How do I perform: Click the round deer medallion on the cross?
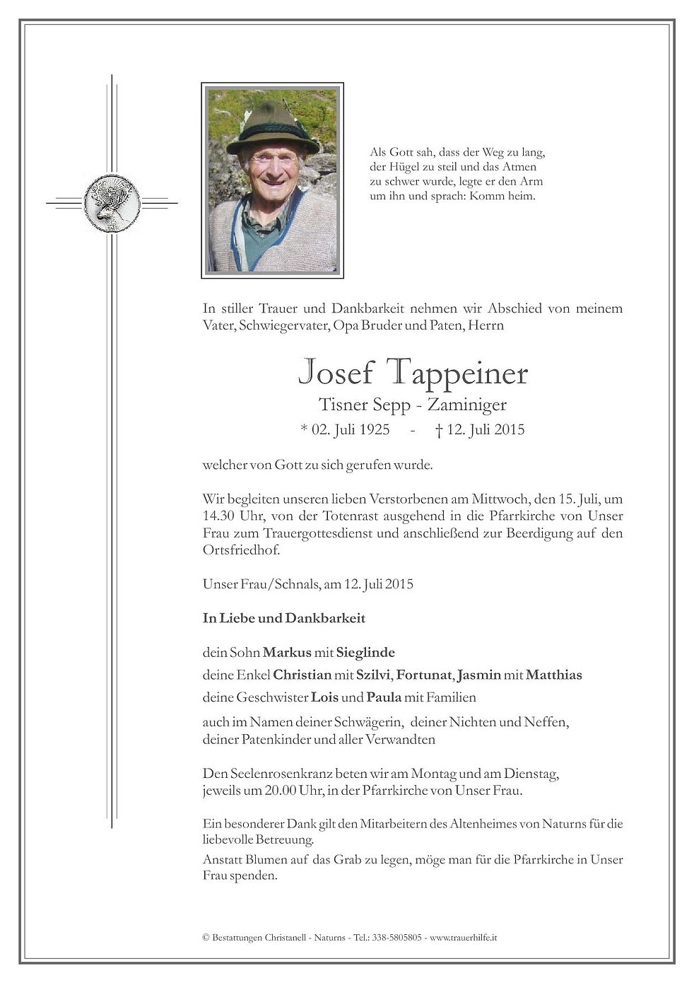coord(112,203)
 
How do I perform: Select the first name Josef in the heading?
coord(335,373)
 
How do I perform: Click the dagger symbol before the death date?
coord(439,429)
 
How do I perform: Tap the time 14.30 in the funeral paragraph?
coord(218,516)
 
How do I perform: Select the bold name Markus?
coord(287,652)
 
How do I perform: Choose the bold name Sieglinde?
coord(365,652)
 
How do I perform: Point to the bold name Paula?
coord(384,697)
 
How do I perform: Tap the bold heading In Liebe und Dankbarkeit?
coord(284,618)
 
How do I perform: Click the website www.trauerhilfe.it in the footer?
coord(464,938)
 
